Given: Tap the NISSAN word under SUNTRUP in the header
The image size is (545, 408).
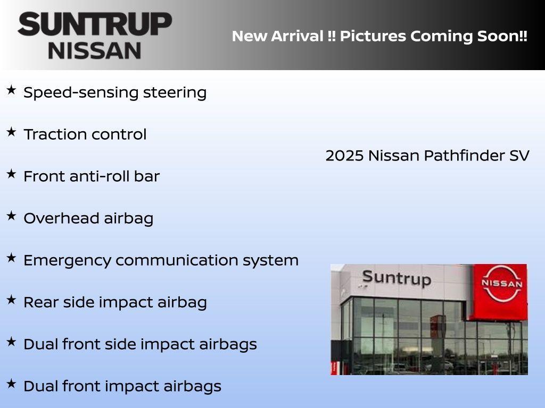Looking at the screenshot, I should [x=95, y=50].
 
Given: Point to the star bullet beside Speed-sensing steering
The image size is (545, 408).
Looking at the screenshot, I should [x=11, y=90].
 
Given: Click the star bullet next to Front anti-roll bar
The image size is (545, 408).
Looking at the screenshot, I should [x=11, y=174].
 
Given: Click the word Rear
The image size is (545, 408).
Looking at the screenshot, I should [x=39, y=302].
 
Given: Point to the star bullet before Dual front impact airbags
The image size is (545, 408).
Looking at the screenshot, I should [x=11, y=384].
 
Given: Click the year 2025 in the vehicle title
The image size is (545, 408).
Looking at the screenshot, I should [x=344, y=156].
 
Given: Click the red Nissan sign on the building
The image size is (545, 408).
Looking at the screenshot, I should [x=501, y=291].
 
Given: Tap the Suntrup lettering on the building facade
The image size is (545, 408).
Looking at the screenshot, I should [x=396, y=278].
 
